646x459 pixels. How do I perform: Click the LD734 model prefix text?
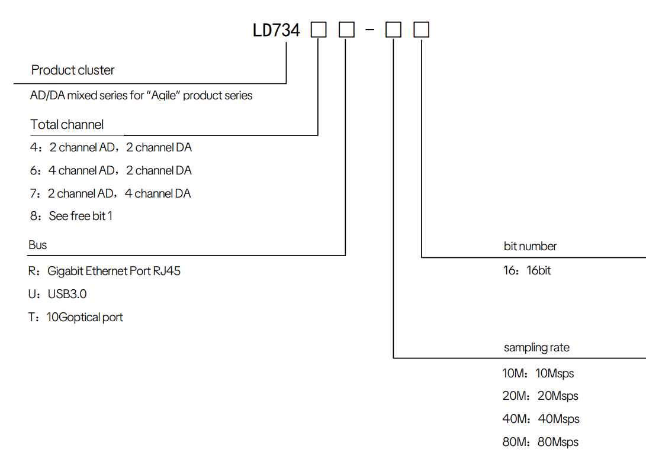click(277, 30)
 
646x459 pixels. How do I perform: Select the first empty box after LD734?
click(319, 30)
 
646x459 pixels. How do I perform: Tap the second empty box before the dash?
click(346, 30)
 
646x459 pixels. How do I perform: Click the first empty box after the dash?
click(393, 30)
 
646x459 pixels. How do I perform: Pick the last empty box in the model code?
click(421, 30)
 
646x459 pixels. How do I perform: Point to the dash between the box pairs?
click(370, 30)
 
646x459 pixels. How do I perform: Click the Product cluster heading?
click(73, 70)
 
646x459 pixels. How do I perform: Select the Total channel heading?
click(67, 125)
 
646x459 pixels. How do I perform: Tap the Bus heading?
click(38, 245)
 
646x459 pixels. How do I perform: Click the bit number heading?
click(530, 246)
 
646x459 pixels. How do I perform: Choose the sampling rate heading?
click(536, 348)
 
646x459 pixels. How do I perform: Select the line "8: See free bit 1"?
click(72, 216)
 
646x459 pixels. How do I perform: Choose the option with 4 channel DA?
click(111, 193)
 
